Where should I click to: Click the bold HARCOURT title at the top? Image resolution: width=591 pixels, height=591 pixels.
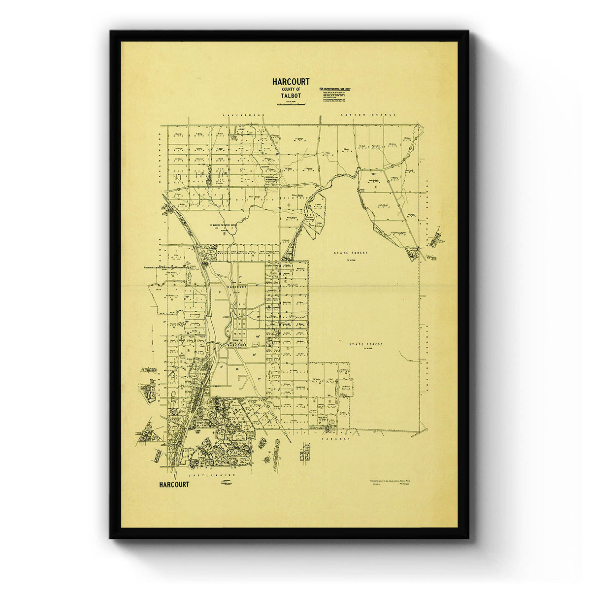[x=291, y=82]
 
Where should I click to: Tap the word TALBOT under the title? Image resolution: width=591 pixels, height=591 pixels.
[x=291, y=96]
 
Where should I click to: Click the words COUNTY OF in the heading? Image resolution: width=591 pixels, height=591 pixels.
[x=291, y=89]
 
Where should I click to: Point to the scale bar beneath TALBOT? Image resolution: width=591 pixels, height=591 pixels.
[x=291, y=103]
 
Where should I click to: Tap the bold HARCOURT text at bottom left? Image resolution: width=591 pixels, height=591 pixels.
[x=174, y=485]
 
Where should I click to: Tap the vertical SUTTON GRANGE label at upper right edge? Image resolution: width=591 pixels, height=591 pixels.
[x=427, y=192]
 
